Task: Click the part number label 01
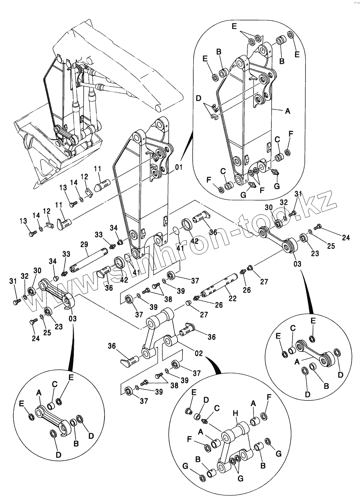pos(179,167)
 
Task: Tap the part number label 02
pos(198,353)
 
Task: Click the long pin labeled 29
pos(90,260)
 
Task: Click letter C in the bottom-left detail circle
pos(54,385)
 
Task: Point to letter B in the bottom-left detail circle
pos(76,443)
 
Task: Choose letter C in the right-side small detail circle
pos(292,328)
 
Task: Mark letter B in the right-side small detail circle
pos(326,386)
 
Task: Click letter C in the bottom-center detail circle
pos(217,408)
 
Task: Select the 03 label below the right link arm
pos(297,263)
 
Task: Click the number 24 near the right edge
pos(346,238)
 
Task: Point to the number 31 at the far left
pos(13,281)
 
